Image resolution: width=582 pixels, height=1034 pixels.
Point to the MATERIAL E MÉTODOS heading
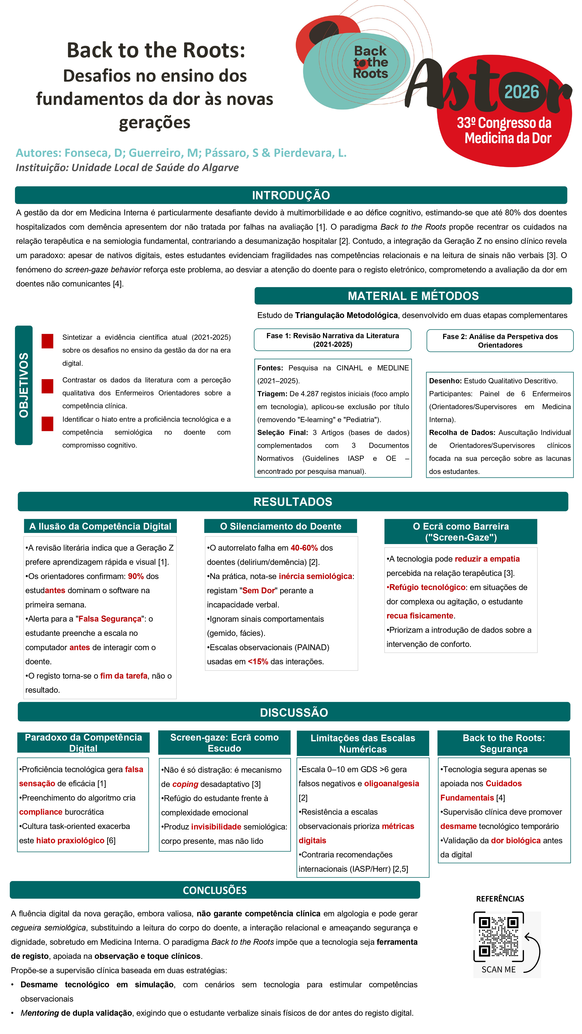coord(413,296)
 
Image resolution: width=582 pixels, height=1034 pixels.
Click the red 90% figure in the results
coord(136,576)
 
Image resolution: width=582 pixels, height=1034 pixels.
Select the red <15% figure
coord(258,662)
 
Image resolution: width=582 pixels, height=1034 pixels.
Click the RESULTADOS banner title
coord(293,502)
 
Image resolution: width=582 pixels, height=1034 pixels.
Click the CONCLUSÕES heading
coord(215,890)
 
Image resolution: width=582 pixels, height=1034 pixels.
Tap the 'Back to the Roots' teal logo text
coord(370,62)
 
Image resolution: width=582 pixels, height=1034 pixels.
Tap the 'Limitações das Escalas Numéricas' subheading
coord(363,743)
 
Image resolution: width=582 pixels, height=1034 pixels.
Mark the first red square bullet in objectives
coord(47,341)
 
